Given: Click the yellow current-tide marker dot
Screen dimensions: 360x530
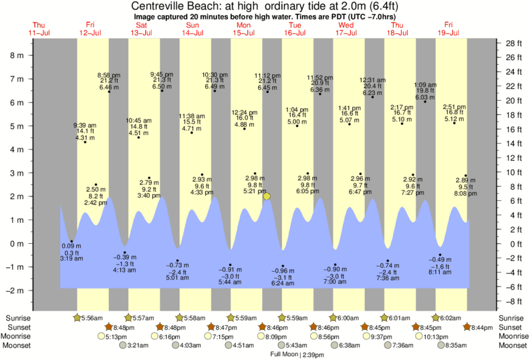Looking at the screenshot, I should (267, 196).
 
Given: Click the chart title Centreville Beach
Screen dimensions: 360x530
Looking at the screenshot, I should (265, 6).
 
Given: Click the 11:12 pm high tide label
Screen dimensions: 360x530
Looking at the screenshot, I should (267, 75).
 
